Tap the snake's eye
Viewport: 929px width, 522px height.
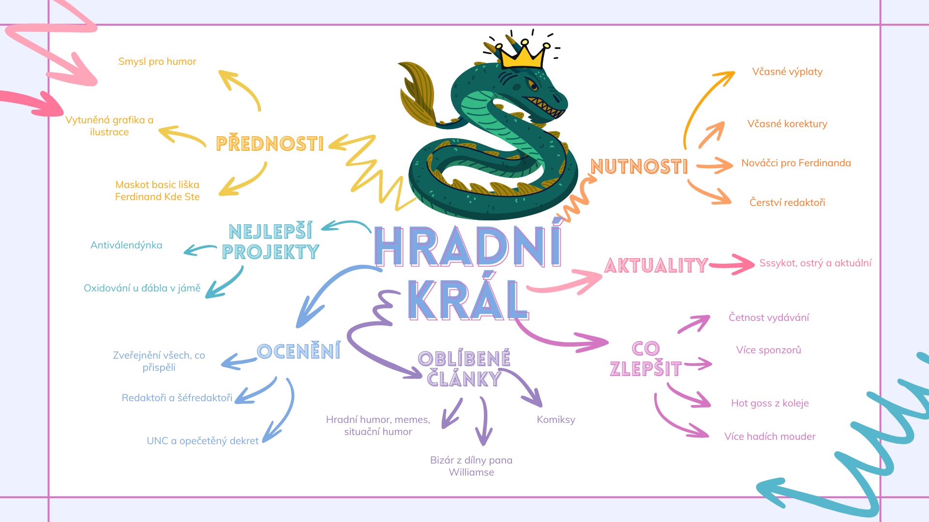[x=533, y=86]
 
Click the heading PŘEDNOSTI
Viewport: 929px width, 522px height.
[x=270, y=144]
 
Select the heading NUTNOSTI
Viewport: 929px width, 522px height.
[x=639, y=167]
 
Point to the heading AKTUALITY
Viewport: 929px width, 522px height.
[x=656, y=265]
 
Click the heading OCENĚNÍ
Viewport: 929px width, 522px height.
[x=299, y=351]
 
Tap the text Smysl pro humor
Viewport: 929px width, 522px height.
[x=157, y=61]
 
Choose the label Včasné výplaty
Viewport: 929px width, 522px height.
[x=787, y=72]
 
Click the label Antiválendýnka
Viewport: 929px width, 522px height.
[x=126, y=245]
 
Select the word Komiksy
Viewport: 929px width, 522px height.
[x=556, y=420]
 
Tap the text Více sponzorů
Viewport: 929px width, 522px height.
[x=768, y=350]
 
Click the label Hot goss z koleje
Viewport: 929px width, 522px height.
[x=770, y=403]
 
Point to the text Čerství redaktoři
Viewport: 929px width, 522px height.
[x=787, y=202]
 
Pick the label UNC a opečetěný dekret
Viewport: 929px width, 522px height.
[x=203, y=441]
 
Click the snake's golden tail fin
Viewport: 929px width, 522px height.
[x=417, y=93]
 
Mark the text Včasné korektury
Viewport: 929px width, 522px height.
[x=787, y=124]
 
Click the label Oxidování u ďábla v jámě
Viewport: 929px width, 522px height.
[x=142, y=288]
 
